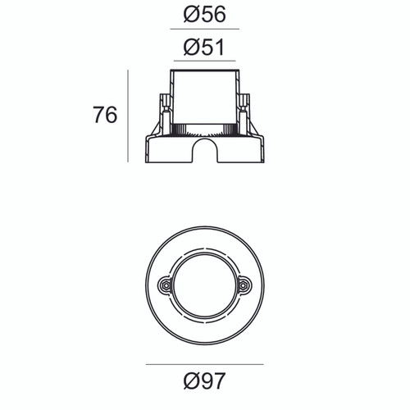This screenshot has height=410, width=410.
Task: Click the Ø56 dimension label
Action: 205,15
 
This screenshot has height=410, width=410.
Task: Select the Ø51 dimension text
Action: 205,47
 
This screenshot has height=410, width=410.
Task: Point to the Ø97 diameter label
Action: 205,381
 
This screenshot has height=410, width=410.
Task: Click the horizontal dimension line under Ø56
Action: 205,29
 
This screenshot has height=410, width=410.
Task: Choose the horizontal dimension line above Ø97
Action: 205,364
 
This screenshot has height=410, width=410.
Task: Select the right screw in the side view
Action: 244,111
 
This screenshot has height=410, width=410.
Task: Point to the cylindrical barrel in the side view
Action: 205,94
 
